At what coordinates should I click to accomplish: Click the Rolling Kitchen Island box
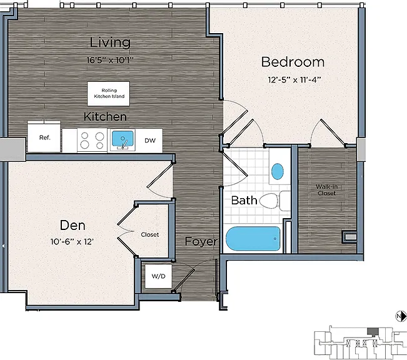click(109, 94)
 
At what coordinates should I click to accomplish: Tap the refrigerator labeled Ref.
click(44, 137)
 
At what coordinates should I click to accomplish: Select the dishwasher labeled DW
click(149, 141)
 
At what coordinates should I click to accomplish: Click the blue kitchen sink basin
click(123, 138)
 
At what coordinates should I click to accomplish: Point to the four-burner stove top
click(92, 140)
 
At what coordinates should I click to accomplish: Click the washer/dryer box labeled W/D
click(158, 276)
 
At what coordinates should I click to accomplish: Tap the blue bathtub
click(253, 239)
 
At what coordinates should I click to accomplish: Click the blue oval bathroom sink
click(278, 171)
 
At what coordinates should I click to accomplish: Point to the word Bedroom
click(293, 62)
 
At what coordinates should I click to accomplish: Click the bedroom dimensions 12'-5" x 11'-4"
click(294, 79)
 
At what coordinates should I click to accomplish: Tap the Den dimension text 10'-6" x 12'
click(72, 242)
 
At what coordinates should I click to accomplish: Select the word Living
click(110, 42)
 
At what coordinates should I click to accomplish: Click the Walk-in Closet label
click(326, 190)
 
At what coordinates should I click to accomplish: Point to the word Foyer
click(201, 242)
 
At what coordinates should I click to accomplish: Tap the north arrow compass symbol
click(401, 316)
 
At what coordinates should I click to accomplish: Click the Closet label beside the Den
click(150, 234)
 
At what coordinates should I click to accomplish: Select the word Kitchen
click(105, 116)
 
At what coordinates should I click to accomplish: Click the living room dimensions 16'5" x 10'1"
click(110, 60)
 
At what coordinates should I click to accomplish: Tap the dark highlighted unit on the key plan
click(373, 331)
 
